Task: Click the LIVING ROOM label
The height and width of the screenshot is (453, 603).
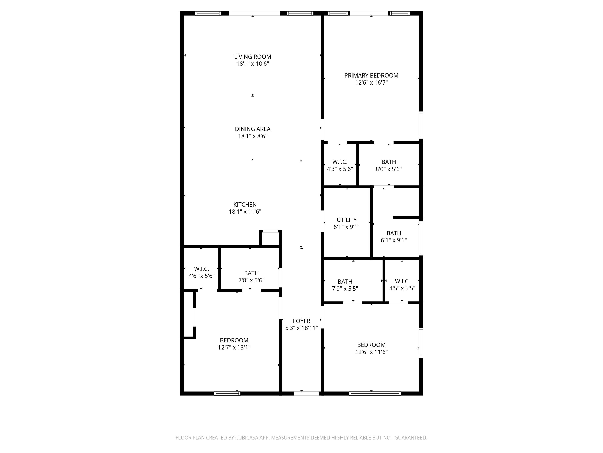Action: [252, 57]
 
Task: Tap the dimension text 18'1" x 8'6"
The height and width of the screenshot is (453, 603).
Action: [252, 136]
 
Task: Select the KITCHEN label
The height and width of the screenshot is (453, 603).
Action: [245, 205]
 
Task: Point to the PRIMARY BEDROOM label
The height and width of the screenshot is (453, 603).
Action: [371, 75]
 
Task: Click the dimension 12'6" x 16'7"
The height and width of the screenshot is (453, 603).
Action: [371, 83]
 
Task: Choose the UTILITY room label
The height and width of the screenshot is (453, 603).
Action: [347, 220]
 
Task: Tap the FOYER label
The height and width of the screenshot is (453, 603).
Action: [301, 321]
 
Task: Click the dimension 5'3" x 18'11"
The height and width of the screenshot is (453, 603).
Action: [301, 328]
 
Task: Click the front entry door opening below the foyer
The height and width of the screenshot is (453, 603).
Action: [306, 393]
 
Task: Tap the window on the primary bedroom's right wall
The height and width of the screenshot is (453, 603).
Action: [421, 125]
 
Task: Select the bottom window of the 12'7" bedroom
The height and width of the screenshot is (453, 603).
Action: [227, 393]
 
